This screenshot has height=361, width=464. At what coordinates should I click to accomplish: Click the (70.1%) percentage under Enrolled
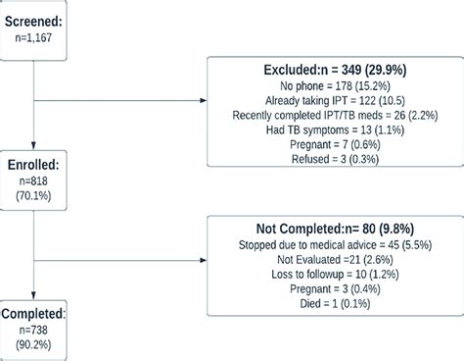(x=28, y=200)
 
